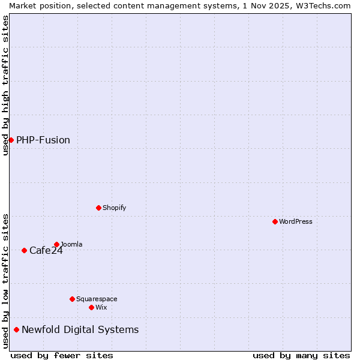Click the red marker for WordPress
pos(275,221)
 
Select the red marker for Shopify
pos(98,208)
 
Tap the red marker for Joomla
pos(56,244)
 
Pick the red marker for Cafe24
pos(24,250)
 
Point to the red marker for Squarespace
pos(72,299)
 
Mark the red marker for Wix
pos(91,307)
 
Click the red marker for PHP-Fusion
pos(11,140)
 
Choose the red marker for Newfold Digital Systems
pos(16,329)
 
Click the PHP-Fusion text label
pos(43,140)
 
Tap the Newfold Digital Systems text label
pos(80,329)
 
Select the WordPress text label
pos(296,221)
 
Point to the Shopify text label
pos(114,208)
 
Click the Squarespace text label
pos(97,299)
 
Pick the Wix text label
pos(101,307)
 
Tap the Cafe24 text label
pos(46,250)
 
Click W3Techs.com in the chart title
pos(323,5)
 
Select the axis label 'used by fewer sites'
pos(62,355)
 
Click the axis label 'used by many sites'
pos(301,355)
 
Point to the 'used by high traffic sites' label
pos(5,85)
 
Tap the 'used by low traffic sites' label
pos(5,281)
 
